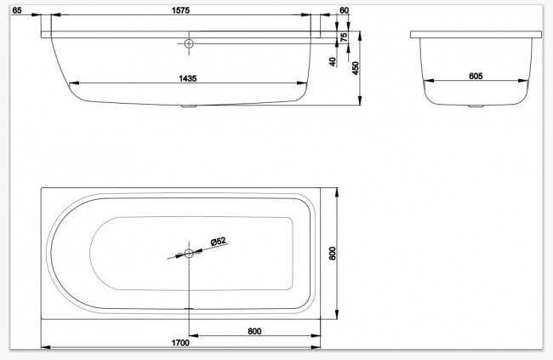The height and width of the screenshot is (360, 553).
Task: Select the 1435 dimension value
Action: [x=188, y=77]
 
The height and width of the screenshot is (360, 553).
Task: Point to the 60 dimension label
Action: [x=344, y=10]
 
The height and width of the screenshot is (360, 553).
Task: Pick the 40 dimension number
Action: [x=334, y=61]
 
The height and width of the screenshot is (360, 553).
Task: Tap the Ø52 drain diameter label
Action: [x=218, y=243]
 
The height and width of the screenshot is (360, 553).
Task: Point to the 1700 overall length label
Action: [x=180, y=342]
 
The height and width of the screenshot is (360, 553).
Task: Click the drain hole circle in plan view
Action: [x=189, y=252]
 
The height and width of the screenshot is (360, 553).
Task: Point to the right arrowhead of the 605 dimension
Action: [x=522, y=83]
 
